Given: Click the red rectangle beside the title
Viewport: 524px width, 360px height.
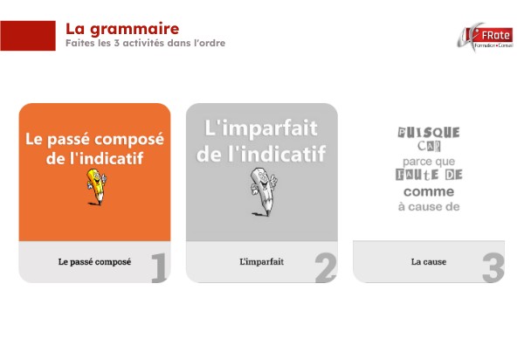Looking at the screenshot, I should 28,36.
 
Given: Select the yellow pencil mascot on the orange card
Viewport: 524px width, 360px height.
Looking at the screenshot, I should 94,186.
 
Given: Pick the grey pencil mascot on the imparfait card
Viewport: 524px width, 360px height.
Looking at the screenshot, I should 262,190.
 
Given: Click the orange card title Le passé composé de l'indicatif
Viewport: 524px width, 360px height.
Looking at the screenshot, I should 94,148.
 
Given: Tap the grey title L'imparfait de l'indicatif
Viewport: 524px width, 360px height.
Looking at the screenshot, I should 261,141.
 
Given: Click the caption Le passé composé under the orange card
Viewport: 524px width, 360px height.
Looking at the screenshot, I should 94,261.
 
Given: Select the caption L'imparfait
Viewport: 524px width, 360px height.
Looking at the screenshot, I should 261,261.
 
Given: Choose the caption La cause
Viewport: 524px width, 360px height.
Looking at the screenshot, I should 428,261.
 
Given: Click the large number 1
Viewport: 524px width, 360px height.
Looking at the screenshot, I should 158,268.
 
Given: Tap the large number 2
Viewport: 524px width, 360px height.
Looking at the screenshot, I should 325,268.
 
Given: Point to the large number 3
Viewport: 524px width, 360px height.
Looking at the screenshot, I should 493,268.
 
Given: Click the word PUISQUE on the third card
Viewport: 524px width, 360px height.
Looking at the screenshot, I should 428,132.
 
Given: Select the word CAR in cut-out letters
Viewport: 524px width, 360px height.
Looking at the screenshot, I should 428,147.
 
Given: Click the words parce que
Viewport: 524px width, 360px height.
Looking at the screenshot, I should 428,162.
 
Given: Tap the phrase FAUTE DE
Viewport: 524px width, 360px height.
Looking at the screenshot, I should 428,176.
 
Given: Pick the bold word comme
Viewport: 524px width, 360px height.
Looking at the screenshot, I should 428,191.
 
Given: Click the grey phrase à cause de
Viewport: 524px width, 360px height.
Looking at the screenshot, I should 428,207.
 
